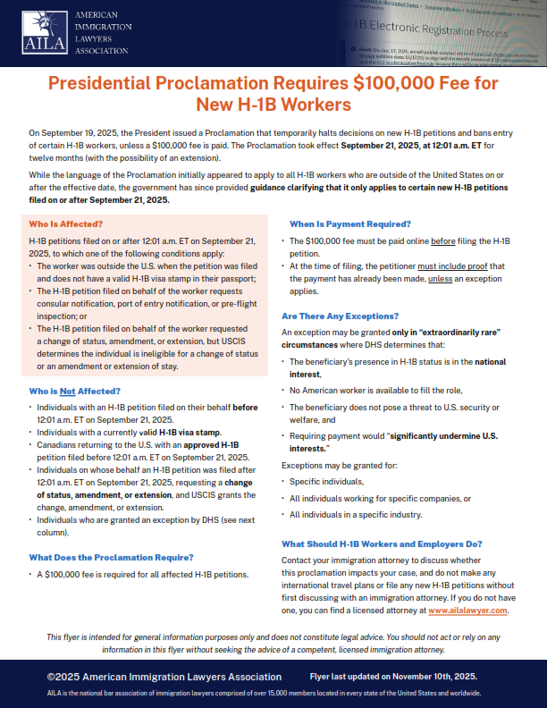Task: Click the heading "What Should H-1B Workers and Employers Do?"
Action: coord(382,544)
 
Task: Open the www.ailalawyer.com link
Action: coord(467,610)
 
